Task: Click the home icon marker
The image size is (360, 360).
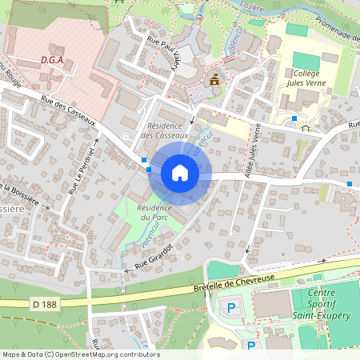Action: [180, 173]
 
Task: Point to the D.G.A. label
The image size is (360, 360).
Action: [53, 59]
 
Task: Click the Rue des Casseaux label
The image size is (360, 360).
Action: [67, 113]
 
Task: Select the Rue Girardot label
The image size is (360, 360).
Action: [154, 256]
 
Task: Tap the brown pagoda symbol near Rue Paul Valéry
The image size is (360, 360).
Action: [214, 79]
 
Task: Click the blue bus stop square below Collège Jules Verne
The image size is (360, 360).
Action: [294, 118]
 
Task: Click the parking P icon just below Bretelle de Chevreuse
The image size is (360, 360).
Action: [232, 307]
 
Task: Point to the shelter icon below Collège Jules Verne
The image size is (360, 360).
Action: [305, 127]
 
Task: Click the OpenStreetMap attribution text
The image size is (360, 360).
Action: [80, 354]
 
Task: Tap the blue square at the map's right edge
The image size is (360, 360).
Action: [350, 185]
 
